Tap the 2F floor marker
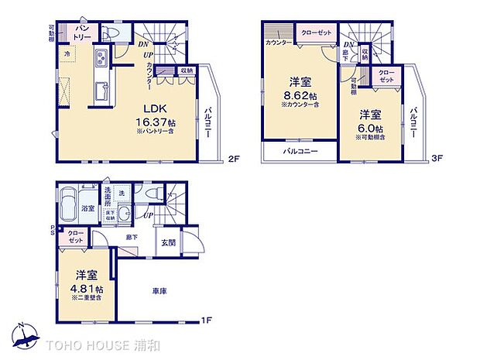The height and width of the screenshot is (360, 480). (232, 160)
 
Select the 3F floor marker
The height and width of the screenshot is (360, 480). (437, 160)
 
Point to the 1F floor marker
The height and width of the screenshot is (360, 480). (208, 320)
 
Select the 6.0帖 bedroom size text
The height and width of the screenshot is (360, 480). (367, 129)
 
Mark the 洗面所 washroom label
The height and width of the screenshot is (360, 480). (101, 194)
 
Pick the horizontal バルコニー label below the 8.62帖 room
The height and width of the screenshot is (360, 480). (300, 151)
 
